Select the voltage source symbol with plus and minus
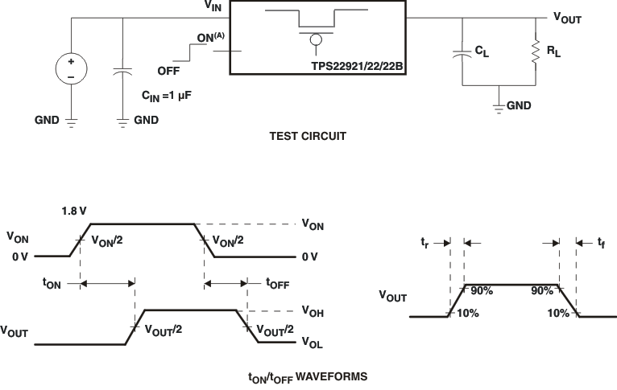point(71,68)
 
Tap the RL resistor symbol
point(535,52)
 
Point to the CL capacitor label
point(481,51)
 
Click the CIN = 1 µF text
point(166,95)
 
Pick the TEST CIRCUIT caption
point(308,137)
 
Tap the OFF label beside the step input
point(168,71)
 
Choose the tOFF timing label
point(277,282)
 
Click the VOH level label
point(313,310)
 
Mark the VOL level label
point(312,342)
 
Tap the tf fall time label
point(600,241)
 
